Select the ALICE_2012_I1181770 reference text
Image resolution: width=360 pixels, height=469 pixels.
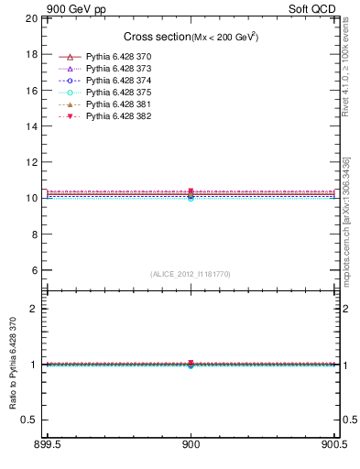click(191, 274)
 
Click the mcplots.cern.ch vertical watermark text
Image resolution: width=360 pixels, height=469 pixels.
click(346, 220)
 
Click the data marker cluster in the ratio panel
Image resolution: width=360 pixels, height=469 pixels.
click(191, 365)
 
